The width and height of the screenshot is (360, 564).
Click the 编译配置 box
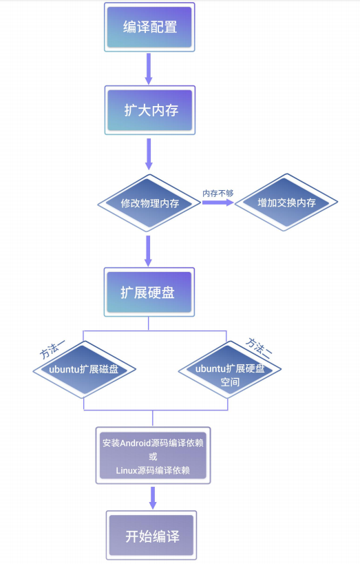(149, 27)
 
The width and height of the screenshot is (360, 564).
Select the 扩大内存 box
(149, 109)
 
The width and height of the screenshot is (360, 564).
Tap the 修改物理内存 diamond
(149, 204)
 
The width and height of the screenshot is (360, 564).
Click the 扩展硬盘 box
(149, 292)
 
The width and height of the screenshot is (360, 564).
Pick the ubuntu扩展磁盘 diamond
(84, 370)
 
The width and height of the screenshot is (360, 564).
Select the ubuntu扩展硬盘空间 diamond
(230, 375)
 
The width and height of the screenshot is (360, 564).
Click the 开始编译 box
(151, 536)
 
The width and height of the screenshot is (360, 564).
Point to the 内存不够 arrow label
(218, 193)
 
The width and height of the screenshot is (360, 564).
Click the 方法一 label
(53, 351)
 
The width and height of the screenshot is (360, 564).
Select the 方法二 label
(260, 346)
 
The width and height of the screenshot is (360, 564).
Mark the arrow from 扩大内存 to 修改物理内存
(148, 154)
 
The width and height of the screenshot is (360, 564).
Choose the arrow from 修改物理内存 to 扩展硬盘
(148, 251)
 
